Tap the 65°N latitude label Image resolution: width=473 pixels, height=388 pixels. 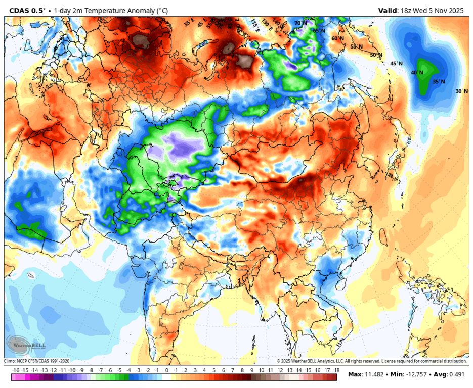click(x=319, y=31)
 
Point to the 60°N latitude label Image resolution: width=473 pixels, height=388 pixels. click(x=337, y=38)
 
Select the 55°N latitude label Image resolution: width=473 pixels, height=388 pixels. click(x=357, y=46)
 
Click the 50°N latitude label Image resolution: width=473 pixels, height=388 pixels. click(x=376, y=55)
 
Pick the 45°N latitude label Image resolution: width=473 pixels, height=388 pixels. click(x=396, y=63)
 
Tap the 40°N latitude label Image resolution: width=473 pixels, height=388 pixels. click(x=417, y=72)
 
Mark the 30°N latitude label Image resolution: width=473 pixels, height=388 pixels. click(x=461, y=91)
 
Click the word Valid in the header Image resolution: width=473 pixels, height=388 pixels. click(x=389, y=10)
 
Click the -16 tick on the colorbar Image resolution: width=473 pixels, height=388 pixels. click(x=16, y=370)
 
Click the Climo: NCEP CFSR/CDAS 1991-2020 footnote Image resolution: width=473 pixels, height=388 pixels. click(x=37, y=361)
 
